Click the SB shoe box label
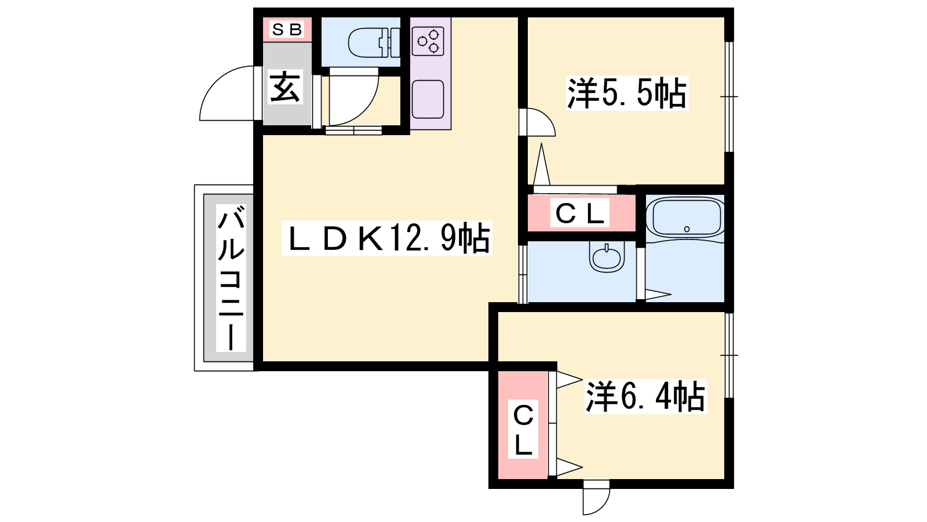tap(287, 30)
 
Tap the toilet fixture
tap(374, 42)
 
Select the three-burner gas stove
tap(428, 41)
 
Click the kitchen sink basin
tap(428, 99)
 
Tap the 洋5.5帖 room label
tap(627, 93)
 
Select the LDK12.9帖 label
tap(386, 238)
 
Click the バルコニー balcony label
tap(231, 278)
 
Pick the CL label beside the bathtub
tap(579, 213)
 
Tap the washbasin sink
tap(607, 258)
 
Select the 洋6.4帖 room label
tap(645, 397)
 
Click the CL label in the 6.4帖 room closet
tap(523, 429)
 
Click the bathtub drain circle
tap(687, 229)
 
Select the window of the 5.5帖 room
tap(729, 96)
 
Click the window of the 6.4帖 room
tap(729, 355)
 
